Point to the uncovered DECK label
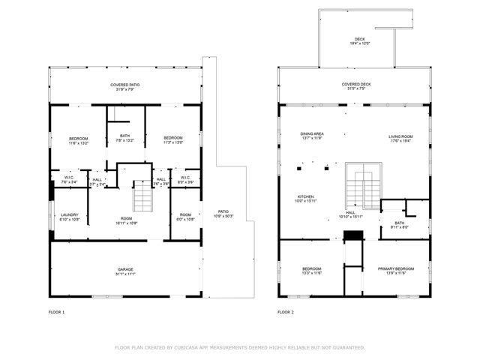pos(360,40)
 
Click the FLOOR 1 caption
pos(56,311)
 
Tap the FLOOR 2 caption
pos(285,311)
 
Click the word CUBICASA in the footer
pos(191,347)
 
